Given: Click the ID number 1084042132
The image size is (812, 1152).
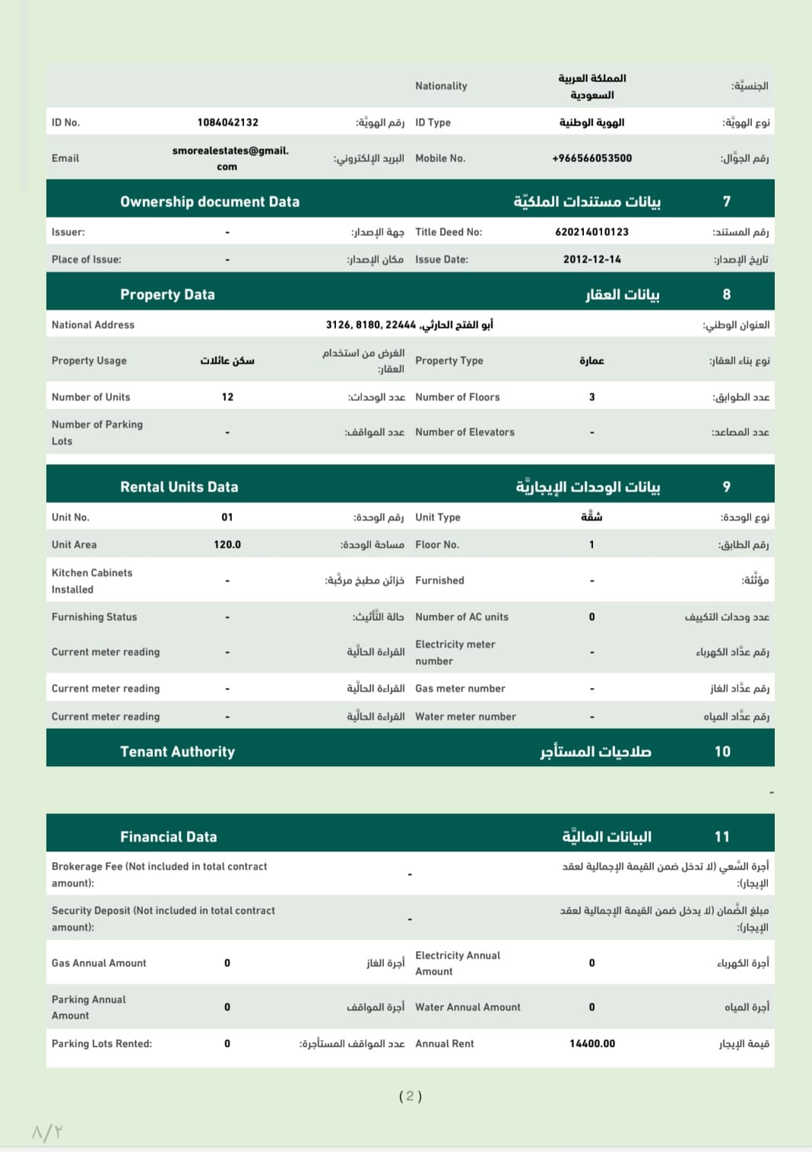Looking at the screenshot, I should coord(227,123).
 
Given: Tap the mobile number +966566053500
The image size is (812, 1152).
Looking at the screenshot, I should coord(592,158).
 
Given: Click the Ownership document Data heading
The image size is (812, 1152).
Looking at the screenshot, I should coord(210,202).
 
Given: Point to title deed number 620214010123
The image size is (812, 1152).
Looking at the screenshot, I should coord(592,232).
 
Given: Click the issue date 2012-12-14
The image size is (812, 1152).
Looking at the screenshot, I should coord(592,259).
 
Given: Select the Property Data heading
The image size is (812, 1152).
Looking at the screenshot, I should coord(167,294).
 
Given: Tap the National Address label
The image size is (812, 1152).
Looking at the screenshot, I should coord(93,325).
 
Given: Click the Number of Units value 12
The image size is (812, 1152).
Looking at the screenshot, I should coord(227,397).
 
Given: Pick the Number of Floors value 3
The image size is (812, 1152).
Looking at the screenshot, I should coord(592,397).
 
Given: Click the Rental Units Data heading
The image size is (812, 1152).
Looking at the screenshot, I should coord(179,487).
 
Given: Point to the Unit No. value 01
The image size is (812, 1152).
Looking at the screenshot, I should coord(227,517).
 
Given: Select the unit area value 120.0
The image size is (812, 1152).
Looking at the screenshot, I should coord(227,545).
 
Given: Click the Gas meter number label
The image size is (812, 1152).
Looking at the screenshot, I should coord(460,689).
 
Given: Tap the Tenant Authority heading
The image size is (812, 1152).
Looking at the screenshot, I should coord(177,752).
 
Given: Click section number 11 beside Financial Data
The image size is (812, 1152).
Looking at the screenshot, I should coord(722,837).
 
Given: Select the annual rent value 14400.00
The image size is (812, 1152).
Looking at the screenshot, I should coord(592,1044).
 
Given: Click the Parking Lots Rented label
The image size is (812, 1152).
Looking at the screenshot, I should coord(101,1044).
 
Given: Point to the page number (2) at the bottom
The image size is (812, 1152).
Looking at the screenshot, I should coord(410,1096).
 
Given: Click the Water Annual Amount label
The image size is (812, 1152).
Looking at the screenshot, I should coord(468,1007).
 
